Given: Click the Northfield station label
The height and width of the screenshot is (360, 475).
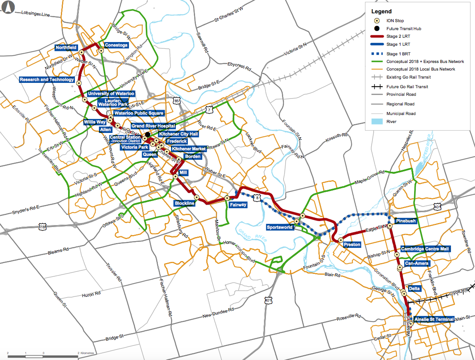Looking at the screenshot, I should click(x=66, y=48).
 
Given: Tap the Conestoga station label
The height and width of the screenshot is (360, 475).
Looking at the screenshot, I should click(x=116, y=45).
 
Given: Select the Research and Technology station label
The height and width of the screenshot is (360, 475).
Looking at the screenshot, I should click(x=47, y=80).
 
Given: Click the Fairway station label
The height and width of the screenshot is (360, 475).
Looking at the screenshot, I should click(x=238, y=205).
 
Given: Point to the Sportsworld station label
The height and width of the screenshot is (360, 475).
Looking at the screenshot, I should click(x=280, y=227).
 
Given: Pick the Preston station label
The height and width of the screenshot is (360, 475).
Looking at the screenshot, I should click(x=352, y=244).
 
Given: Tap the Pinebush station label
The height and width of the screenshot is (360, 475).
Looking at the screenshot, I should click(x=406, y=221).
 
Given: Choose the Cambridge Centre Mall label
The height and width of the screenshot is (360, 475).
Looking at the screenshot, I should click(x=425, y=249).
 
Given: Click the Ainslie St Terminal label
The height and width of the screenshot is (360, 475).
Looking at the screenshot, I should click(x=434, y=319).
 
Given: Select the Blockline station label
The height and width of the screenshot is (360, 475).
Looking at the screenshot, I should click(x=185, y=203).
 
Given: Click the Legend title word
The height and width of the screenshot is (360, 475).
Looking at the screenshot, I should click(x=381, y=12).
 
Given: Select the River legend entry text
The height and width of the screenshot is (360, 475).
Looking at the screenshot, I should click(x=391, y=121).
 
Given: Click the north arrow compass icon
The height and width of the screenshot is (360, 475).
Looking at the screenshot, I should click(x=8, y=7).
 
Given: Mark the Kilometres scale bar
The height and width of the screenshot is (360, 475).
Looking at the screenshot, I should click(x=43, y=355).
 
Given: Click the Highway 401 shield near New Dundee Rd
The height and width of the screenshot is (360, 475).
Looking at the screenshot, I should click(x=268, y=300).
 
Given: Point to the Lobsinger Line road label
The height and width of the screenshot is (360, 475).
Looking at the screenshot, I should click(x=36, y=14).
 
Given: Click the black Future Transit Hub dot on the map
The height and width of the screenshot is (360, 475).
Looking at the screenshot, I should click(x=147, y=135).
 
